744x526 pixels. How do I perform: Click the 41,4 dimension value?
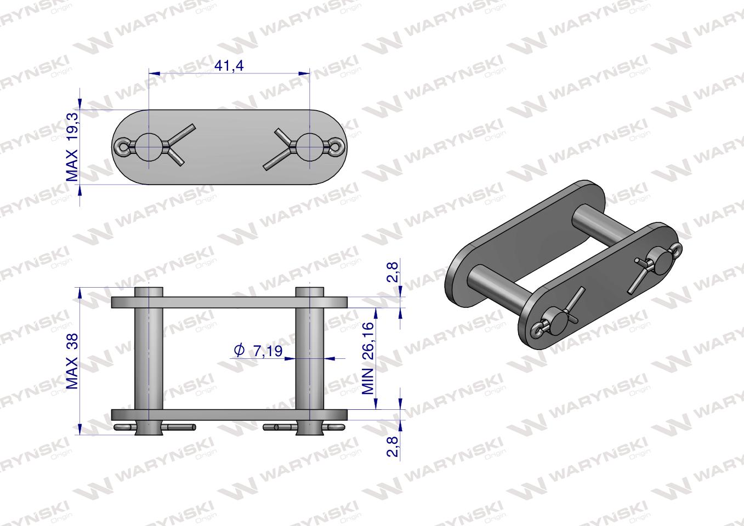(229, 65)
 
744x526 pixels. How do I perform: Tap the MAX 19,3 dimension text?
(72, 147)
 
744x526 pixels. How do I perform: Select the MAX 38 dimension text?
(72, 361)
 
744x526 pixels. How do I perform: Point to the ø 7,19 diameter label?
(258, 351)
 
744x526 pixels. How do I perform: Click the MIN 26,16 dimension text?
(368, 358)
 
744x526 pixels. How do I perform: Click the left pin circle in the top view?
(149, 147)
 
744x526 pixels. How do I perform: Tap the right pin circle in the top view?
(310, 147)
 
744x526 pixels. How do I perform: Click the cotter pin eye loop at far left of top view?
(121, 147)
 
